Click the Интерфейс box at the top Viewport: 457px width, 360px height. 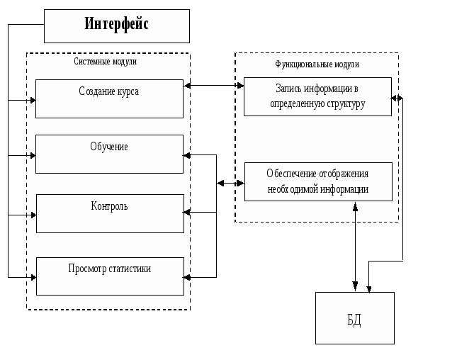117,26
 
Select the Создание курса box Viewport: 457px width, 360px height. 109,99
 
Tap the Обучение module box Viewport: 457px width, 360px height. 109,154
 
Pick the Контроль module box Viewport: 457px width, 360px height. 109,213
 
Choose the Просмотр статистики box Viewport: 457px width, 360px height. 109,276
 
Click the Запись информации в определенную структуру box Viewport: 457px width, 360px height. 317,96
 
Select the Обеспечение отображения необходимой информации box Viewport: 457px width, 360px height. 317,181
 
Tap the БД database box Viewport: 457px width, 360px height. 354,318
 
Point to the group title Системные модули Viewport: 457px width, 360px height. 106,62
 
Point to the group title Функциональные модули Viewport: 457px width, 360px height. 317,64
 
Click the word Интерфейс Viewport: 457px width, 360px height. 117,24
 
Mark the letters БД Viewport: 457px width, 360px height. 354,320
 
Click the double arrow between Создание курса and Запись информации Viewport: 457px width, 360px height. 213,86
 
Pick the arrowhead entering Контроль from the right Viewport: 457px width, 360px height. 187,212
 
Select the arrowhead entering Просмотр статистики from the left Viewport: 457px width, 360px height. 32,276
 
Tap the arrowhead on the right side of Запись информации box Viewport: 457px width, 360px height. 395,98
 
